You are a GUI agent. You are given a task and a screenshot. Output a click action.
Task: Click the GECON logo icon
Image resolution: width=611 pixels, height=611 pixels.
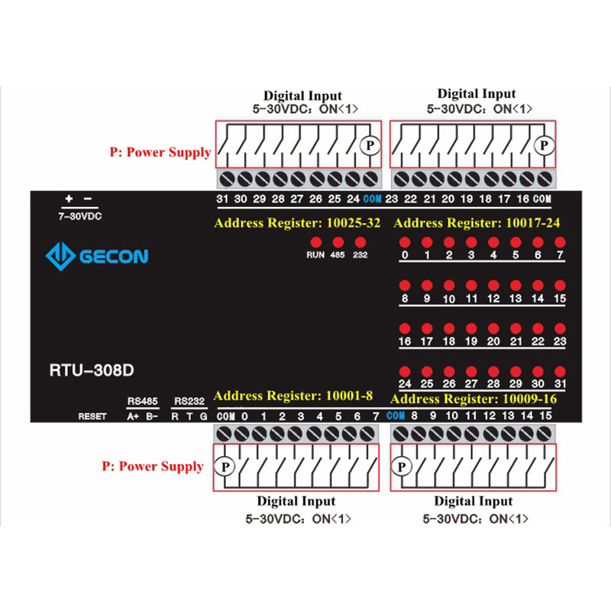60,256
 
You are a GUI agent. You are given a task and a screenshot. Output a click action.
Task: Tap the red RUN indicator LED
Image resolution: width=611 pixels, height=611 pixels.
315,241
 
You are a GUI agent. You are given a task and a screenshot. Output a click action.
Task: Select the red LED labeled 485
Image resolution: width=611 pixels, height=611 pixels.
338,241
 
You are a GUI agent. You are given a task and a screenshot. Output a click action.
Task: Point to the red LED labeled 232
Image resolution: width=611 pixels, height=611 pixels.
360,241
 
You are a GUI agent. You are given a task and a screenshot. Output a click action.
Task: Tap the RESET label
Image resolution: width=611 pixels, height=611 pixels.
92,416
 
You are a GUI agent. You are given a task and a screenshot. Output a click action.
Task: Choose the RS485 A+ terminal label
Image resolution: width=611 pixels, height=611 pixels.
132,416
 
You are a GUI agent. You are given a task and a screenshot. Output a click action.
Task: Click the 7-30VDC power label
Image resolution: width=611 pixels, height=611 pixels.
79,216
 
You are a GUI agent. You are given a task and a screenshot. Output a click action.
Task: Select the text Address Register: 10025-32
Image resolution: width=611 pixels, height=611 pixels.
297,223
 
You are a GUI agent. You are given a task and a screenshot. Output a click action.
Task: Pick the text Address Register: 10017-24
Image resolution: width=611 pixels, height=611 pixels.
476,223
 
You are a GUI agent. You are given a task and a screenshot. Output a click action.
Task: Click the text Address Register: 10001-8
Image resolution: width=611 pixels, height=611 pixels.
293,396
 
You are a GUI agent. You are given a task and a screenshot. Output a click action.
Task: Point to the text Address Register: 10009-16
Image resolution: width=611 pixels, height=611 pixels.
474,399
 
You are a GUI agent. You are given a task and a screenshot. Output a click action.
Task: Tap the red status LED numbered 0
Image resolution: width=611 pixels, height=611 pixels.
405,242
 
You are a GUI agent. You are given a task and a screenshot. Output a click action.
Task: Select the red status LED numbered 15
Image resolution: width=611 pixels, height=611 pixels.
560,285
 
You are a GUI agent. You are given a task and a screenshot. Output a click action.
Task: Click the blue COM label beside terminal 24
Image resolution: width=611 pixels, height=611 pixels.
372,199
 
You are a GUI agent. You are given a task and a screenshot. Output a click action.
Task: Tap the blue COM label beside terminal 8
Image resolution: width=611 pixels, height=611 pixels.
396,415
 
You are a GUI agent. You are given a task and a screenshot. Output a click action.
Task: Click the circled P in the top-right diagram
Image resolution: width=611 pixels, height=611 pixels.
544,145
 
